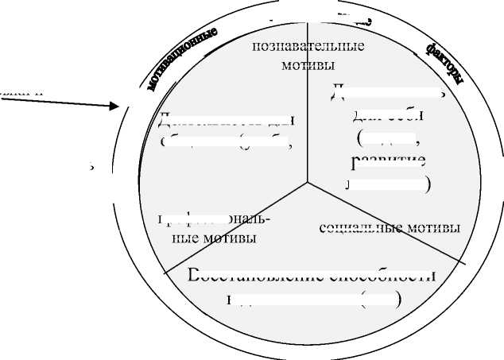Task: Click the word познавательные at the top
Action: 308,46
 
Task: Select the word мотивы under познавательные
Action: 308,64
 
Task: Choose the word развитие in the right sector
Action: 387,162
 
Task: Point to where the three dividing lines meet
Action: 308,184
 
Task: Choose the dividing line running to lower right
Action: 386,223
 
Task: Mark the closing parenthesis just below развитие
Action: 428,184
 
